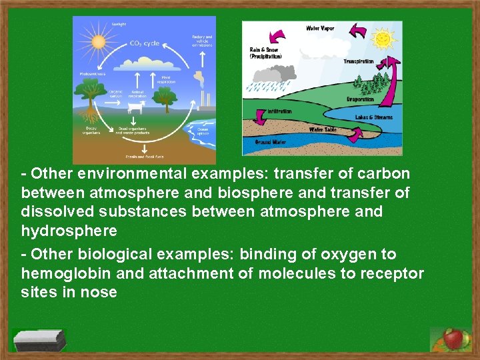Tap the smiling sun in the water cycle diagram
384,39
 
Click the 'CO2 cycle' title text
144,43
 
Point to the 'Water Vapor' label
320,28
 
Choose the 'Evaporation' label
361,99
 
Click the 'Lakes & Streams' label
374,117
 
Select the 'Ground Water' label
271,142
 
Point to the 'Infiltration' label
279,111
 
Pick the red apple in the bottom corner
453,339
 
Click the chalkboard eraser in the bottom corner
41,341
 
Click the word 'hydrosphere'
69,231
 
